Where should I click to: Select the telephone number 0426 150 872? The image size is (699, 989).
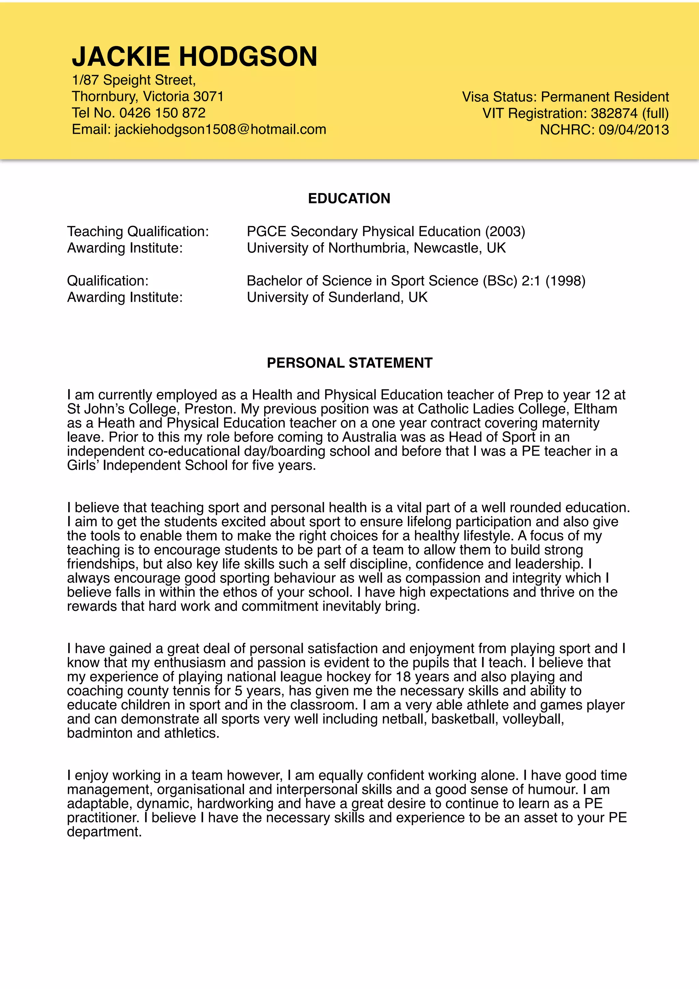click(162, 113)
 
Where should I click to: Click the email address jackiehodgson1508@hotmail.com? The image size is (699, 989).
click(220, 129)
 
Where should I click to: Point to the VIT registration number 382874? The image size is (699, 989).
click(614, 113)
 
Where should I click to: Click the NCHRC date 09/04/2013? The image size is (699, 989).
click(633, 130)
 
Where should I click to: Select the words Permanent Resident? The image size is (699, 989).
click(605, 97)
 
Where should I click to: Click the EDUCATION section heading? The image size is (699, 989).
click(349, 199)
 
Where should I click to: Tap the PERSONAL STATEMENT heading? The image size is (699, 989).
click(349, 363)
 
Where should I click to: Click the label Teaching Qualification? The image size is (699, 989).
click(138, 232)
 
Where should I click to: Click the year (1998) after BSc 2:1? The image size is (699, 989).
click(565, 281)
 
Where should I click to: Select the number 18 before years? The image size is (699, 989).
click(403, 677)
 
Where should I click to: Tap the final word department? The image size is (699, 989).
click(104, 832)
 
